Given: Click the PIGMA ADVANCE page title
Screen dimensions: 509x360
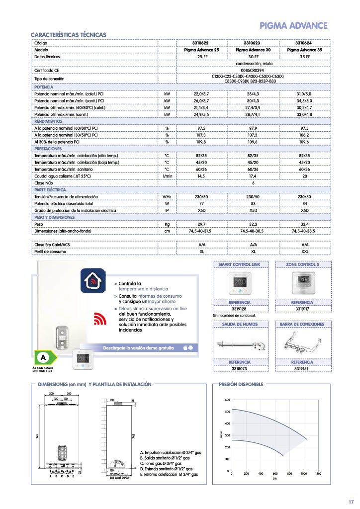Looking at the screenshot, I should (x=294, y=26).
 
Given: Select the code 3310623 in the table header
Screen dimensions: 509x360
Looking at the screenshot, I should (x=253, y=44).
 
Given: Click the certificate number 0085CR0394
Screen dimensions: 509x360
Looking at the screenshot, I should (x=253, y=71).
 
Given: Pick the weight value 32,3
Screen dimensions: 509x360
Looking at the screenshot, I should (x=253, y=224).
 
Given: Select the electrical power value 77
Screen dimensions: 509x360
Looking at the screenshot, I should (x=202, y=204).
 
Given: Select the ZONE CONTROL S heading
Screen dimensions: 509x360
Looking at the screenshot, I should (x=303, y=264).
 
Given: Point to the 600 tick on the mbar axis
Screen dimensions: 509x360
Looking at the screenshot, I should (x=227, y=400).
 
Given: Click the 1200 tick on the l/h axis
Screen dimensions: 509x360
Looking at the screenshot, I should (x=318, y=474).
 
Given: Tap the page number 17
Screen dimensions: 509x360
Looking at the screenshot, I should (x=351, y=501).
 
